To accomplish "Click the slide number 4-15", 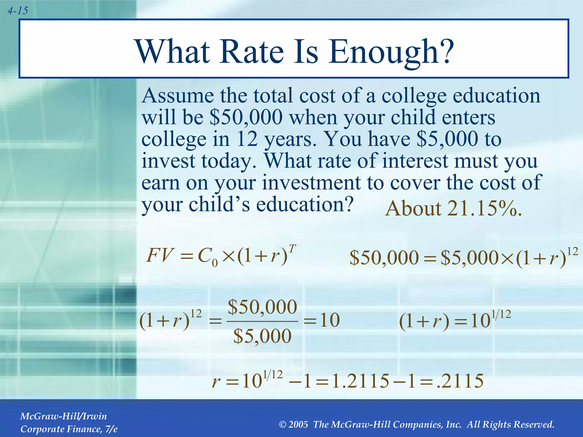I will coord(18,11).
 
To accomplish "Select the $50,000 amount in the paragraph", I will coord(246,117).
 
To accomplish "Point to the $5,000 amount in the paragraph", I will coord(447,139).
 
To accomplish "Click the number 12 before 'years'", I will coord(247,139).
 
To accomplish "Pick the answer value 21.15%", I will coord(484,209).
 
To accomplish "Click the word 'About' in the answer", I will coord(413,209).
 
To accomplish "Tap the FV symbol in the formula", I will coord(159,255).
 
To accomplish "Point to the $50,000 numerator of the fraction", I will coord(262,307).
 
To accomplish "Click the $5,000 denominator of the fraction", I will coord(262,336).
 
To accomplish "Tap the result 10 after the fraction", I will coord(330,320).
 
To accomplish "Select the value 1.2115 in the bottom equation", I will coord(360,381).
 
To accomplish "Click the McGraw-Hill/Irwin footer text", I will coord(63,416).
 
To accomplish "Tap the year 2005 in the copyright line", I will coord(298,424).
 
